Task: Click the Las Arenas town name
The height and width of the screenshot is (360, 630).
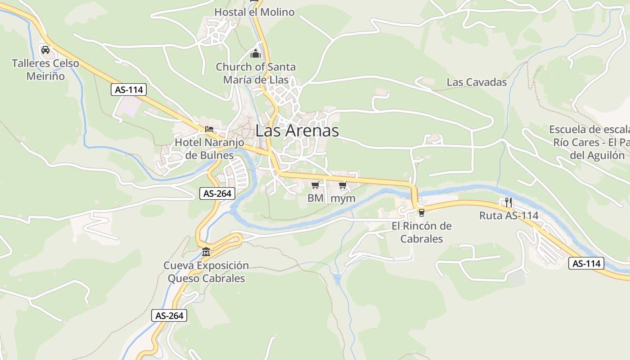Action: pyautogui.click(x=297, y=130)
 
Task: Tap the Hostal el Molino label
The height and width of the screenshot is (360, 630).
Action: pyautogui.click(x=254, y=12)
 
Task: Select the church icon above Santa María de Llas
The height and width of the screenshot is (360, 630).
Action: pyautogui.click(x=256, y=54)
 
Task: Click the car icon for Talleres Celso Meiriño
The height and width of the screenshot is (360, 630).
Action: pyautogui.click(x=45, y=49)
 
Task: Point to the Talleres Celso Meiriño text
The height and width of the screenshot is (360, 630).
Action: pyautogui.click(x=45, y=70)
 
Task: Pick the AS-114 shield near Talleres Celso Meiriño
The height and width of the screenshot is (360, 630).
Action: pyautogui.click(x=129, y=90)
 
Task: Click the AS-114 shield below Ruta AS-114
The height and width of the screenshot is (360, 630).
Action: pyautogui.click(x=586, y=263)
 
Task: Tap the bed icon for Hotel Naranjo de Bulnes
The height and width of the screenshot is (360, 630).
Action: pyautogui.click(x=209, y=129)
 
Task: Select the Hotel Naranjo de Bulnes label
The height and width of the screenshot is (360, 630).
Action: pyautogui.click(x=209, y=149)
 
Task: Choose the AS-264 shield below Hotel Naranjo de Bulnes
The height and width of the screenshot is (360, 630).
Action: pyautogui.click(x=217, y=193)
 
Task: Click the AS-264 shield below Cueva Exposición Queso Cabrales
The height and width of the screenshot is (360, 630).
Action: pyautogui.click(x=170, y=315)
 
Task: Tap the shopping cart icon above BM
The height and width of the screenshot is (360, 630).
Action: pyautogui.click(x=315, y=185)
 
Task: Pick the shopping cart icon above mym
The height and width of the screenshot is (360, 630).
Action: pyautogui.click(x=343, y=185)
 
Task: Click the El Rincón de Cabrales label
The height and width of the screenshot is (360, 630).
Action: pyautogui.click(x=422, y=232)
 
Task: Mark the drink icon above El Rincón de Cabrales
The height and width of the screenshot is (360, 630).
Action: pyautogui.click(x=421, y=212)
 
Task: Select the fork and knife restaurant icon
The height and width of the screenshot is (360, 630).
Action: pyautogui.click(x=508, y=202)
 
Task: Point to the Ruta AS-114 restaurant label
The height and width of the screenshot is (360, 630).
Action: pyautogui.click(x=508, y=216)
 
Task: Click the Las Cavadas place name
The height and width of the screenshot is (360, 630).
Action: pyautogui.click(x=477, y=82)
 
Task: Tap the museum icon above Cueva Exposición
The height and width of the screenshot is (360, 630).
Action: pyautogui.click(x=206, y=251)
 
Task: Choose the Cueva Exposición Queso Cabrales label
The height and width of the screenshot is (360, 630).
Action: pyautogui.click(x=206, y=272)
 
